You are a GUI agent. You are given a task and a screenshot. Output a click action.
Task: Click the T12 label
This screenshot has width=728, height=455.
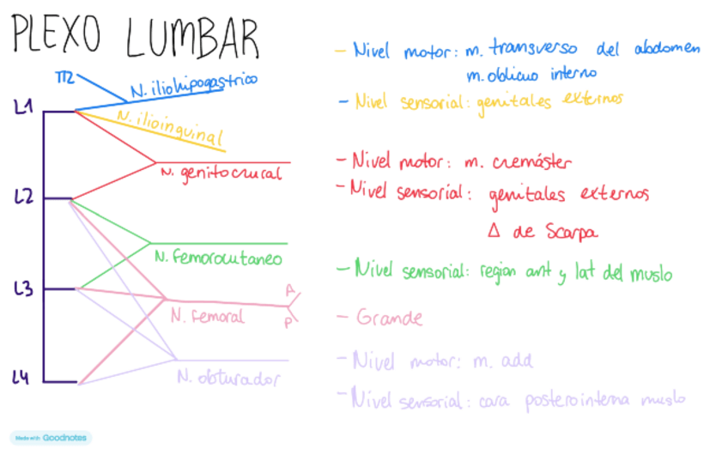tap(65, 78)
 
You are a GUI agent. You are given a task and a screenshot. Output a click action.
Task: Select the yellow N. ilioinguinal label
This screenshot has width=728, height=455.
tap(171, 126)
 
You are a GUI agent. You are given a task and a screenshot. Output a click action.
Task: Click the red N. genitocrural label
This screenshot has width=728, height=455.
tap(221, 173)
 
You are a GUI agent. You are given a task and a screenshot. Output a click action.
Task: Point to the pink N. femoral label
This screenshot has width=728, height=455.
tap(207, 316)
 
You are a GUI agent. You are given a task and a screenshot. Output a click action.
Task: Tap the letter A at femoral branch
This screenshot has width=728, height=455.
tap(290, 290)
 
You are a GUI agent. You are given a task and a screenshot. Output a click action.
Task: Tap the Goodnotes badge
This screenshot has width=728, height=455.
tap(50, 437)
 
